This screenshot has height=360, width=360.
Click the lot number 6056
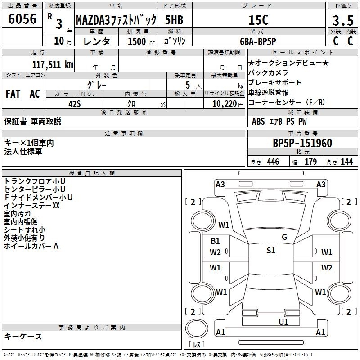click(22, 19)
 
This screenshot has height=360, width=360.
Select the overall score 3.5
click(343, 20)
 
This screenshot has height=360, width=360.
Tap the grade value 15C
click(258, 20)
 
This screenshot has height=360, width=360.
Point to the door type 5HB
click(174, 20)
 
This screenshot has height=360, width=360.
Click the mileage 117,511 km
click(53, 64)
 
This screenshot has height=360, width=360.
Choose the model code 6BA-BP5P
click(258, 41)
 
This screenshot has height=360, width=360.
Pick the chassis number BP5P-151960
click(302, 143)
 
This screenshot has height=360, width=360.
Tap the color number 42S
click(75, 104)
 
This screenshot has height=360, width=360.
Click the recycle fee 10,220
click(225, 104)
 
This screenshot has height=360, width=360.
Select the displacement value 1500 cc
click(141, 41)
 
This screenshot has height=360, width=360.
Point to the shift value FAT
click(13, 94)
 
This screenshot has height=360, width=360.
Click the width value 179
click(310, 162)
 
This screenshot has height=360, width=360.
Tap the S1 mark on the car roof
click(271, 251)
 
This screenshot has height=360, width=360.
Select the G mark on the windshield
click(284, 237)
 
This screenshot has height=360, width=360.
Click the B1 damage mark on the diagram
click(215, 241)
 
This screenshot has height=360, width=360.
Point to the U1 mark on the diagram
click(283, 322)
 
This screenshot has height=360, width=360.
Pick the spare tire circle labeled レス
click(197, 329)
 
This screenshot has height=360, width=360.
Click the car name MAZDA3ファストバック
click(116, 20)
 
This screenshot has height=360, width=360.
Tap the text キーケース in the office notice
click(23, 337)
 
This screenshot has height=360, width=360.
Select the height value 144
click(346, 162)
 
